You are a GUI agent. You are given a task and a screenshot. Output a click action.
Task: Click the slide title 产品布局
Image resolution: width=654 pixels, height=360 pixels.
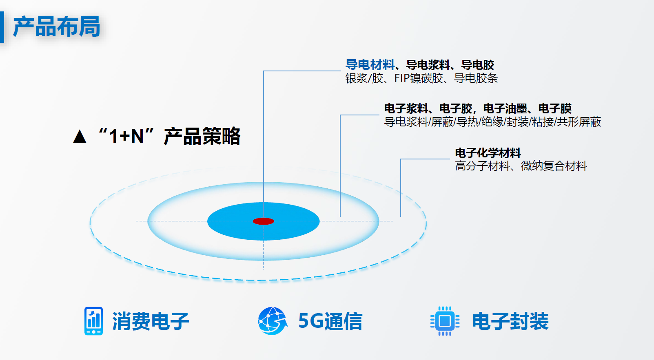pyautogui.click(x=57, y=27)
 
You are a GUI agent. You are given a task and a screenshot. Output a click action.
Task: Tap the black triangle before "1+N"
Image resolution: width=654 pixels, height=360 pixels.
pyautogui.click(x=80, y=136)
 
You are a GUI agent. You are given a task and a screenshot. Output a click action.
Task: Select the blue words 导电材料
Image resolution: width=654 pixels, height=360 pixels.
pyautogui.click(x=370, y=65)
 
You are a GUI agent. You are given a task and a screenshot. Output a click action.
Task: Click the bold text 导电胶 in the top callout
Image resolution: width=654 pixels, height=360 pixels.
pyautogui.click(x=478, y=65)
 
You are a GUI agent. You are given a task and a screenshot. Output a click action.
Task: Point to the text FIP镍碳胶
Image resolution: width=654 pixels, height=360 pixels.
pyautogui.click(x=419, y=78)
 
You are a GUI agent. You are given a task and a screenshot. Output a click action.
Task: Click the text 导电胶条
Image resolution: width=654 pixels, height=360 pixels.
pyautogui.click(x=476, y=78)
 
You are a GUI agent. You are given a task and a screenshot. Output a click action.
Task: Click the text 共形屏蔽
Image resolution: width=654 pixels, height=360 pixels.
pyautogui.click(x=579, y=122)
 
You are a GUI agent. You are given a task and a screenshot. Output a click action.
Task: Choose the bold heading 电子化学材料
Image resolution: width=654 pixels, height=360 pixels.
pyautogui.click(x=488, y=153)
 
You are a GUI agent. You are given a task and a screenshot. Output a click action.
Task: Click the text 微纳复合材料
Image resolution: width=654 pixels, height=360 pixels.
pyautogui.click(x=554, y=166)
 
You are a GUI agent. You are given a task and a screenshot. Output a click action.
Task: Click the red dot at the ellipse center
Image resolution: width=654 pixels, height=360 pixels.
pyautogui.click(x=263, y=221)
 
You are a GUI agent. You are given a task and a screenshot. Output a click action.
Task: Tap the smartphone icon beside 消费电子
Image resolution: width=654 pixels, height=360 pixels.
pyautogui.click(x=93, y=321)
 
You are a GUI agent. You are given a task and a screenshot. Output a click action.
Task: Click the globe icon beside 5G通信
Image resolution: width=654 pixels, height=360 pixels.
pyautogui.click(x=273, y=321)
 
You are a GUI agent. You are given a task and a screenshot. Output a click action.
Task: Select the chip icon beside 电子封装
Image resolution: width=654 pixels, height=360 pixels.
pyautogui.click(x=445, y=321)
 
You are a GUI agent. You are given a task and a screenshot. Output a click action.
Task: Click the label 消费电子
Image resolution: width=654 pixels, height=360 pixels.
pyautogui.click(x=151, y=321)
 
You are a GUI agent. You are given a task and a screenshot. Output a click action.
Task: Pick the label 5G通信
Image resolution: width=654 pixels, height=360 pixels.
pyautogui.click(x=330, y=321)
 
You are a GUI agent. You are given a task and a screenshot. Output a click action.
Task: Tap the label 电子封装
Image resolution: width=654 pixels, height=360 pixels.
pyautogui.click(x=510, y=321)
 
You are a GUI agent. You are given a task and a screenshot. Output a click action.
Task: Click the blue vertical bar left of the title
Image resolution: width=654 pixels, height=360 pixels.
pyautogui.click(x=2, y=27)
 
